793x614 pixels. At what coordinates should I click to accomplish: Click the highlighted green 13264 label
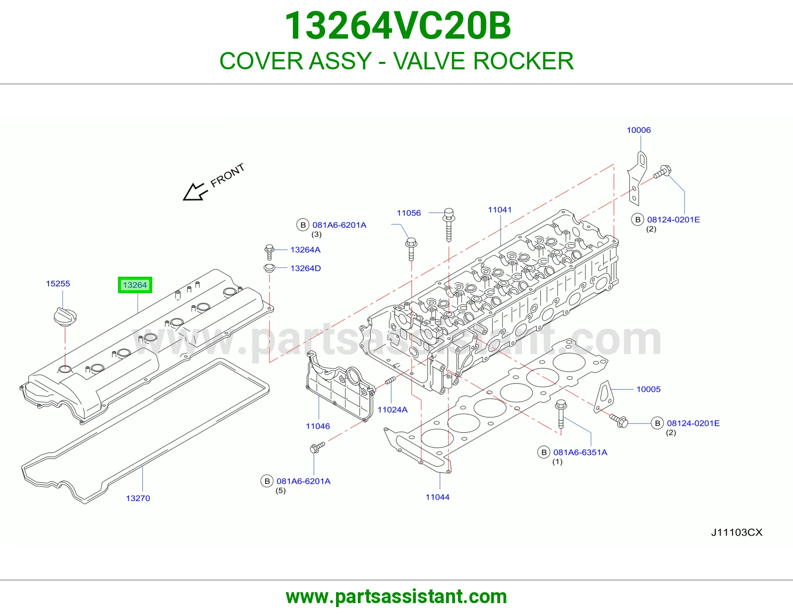pyautogui.click(x=135, y=285)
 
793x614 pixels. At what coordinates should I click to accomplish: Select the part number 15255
pyautogui.click(x=57, y=283)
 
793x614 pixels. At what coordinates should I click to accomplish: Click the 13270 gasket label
pyautogui.click(x=138, y=498)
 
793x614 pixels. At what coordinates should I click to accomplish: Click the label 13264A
pyautogui.click(x=305, y=250)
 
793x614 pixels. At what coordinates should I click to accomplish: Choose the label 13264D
pyautogui.click(x=305, y=268)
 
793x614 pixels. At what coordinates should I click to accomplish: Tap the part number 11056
pyautogui.click(x=409, y=213)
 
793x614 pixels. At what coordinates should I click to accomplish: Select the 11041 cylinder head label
pyautogui.click(x=500, y=209)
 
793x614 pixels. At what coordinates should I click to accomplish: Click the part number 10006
pyautogui.click(x=639, y=130)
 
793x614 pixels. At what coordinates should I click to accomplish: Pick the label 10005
pyautogui.click(x=648, y=389)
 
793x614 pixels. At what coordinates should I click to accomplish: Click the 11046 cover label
pyautogui.click(x=318, y=426)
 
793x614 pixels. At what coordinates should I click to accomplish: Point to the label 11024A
pyautogui.click(x=393, y=409)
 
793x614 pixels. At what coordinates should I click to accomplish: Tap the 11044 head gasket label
pyautogui.click(x=438, y=497)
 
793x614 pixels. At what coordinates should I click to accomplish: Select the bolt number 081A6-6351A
pyautogui.click(x=580, y=452)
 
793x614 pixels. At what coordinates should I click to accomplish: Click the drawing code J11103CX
pyautogui.click(x=737, y=532)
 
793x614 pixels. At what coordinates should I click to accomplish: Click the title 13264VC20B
pyautogui.click(x=397, y=26)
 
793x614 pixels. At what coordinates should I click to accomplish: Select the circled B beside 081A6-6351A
pyautogui.click(x=544, y=452)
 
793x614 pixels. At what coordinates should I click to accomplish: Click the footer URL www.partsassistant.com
pyautogui.click(x=396, y=597)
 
